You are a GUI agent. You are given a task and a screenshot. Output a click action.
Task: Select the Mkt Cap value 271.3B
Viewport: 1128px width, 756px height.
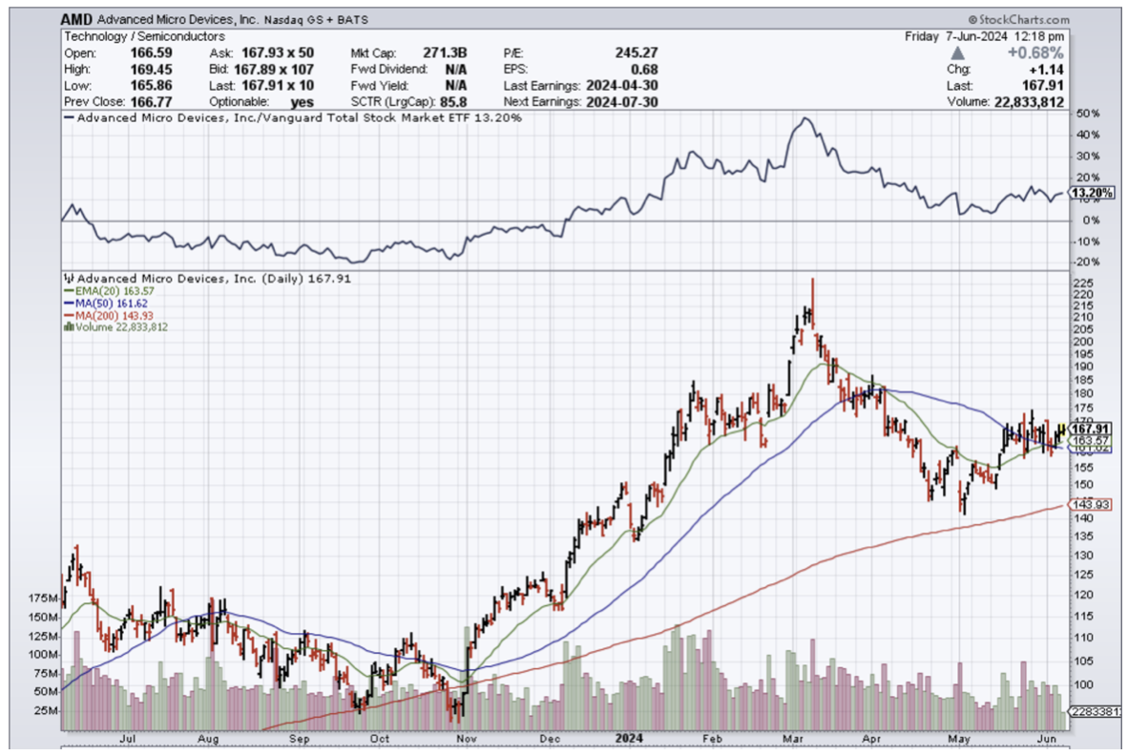pyautogui.click(x=448, y=52)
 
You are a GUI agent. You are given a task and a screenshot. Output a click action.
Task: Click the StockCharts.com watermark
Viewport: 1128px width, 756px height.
pyautogui.click(x=1019, y=19)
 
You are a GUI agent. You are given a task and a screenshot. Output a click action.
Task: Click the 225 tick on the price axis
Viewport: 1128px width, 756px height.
pyautogui.click(x=1084, y=283)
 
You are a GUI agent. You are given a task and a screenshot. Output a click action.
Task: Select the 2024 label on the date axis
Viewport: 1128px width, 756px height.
pyautogui.click(x=628, y=738)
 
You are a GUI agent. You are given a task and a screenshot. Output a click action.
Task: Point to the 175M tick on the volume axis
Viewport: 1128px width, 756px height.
pyautogui.click(x=44, y=598)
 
